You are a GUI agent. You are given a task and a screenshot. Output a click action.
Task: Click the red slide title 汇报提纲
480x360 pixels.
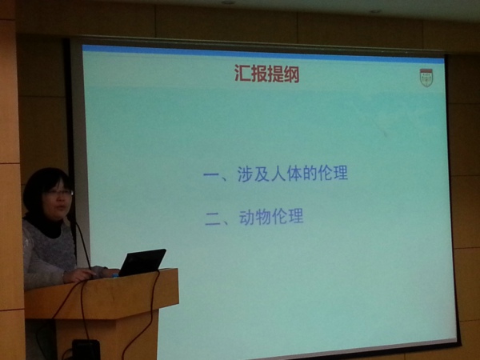coord(267,74)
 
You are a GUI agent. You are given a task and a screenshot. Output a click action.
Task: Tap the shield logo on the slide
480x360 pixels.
coord(426,78)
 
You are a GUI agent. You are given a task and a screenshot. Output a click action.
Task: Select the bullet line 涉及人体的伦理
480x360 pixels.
coord(275,174)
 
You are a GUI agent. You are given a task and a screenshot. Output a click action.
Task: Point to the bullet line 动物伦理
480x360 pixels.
coord(254,217)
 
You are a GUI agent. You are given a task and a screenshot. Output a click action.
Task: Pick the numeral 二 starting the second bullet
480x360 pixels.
coord(214,219)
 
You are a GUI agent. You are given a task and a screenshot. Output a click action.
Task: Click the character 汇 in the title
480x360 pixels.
coord(242,73)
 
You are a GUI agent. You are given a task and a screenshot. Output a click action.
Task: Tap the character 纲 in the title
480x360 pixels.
coord(291,74)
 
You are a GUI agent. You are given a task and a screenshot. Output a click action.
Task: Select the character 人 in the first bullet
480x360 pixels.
coord(278,174)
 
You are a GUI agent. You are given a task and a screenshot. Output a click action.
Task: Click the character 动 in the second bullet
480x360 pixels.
coord(246,217)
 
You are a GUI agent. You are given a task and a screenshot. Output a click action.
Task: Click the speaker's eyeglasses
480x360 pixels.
coord(59,193)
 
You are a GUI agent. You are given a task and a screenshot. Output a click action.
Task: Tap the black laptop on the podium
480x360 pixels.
coord(142,262)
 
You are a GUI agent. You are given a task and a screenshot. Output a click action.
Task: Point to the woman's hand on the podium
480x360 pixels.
coord(79,275)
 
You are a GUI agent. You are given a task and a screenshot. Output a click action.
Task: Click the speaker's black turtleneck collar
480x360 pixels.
coord(46,226)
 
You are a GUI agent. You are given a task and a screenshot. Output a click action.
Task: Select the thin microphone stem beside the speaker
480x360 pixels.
coord(82,245)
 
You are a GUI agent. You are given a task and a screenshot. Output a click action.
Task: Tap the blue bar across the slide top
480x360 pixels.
coord(262,54)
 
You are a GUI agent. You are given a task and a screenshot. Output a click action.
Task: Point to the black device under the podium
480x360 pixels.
coord(86,350)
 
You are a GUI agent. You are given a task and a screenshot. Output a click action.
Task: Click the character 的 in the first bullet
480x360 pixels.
coord(310,174)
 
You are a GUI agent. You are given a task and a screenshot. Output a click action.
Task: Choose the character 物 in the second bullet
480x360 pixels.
coord(262,217)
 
